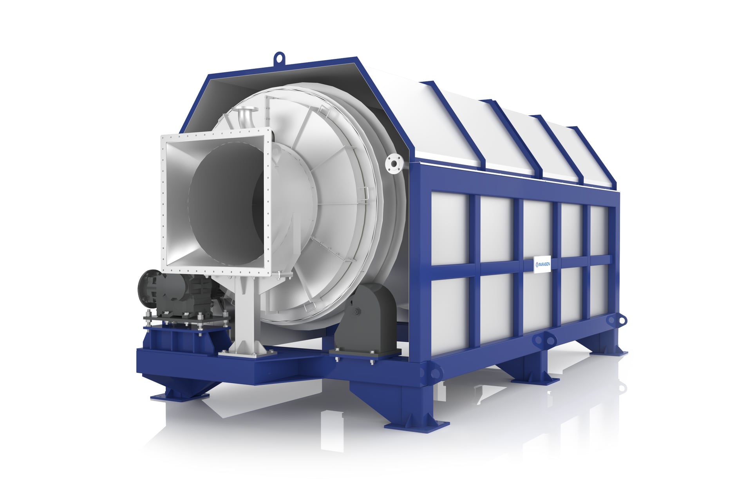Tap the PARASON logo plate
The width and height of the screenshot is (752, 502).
(x=542, y=264)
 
